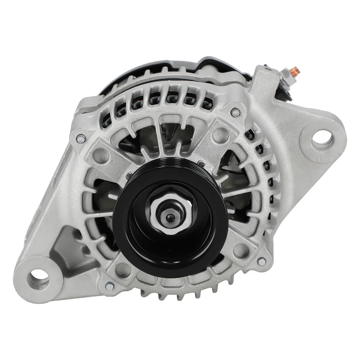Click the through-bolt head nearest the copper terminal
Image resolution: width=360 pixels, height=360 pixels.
point(235,111)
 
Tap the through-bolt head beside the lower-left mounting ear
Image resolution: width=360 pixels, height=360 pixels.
point(108,286)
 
